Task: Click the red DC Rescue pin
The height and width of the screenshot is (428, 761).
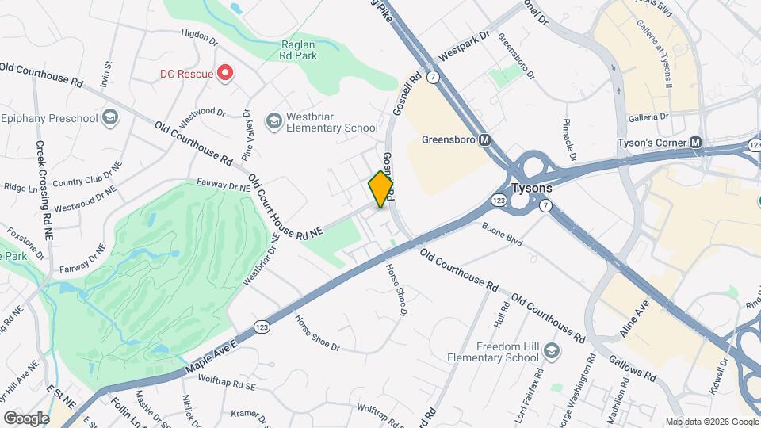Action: pyautogui.click(x=225, y=74)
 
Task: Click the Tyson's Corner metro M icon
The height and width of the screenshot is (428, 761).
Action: pyautogui.click(x=696, y=143)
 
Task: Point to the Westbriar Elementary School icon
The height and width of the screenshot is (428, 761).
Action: pyautogui.click(x=274, y=120)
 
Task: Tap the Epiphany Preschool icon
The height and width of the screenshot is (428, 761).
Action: pyautogui.click(x=109, y=119)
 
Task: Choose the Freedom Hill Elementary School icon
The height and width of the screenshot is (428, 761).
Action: pyautogui.click(x=551, y=350)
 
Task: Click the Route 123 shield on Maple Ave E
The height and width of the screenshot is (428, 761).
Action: pyautogui.click(x=262, y=327)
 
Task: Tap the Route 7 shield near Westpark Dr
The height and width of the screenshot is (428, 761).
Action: pyautogui.click(x=433, y=77)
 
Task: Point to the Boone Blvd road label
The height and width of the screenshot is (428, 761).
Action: pyautogui.click(x=501, y=235)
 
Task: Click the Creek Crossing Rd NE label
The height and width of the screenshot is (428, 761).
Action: pyautogui.click(x=44, y=190)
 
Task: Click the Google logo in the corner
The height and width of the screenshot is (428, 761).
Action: pyautogui.click(x=26, y=418)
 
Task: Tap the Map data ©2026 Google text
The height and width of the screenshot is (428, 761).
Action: pyautogui.click(x=711, y=421)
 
